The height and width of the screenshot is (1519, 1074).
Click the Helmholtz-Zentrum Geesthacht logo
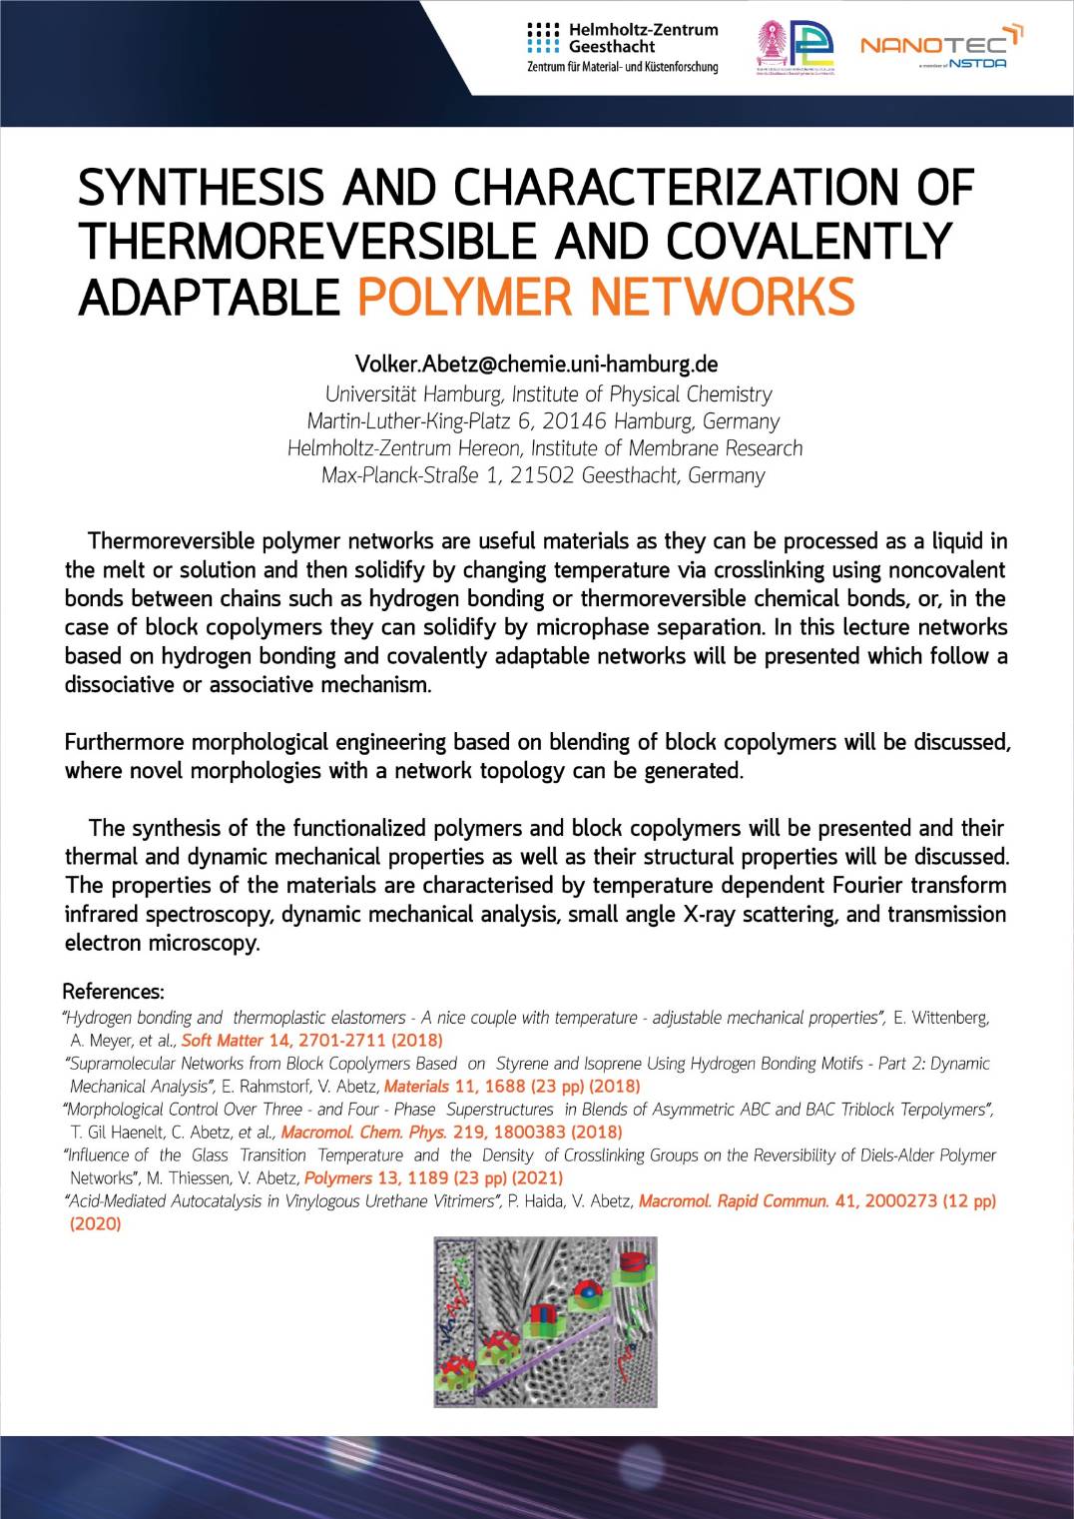(622, 47)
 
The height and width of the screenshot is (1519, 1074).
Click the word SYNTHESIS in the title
(201, 189)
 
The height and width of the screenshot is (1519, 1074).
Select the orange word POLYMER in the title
(466, 297)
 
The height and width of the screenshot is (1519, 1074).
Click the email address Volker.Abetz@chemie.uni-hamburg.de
(537, 364)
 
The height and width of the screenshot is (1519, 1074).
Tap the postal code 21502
(542, 475)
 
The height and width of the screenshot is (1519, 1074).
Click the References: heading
(113, 992)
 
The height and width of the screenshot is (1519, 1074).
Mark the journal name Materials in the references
(416, 1086)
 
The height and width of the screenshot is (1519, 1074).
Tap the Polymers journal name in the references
(337, 1177)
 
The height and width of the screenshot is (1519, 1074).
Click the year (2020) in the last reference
(96, 1223)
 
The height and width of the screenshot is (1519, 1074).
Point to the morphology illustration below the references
(545, 1321)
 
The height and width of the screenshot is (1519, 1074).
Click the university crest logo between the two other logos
(796, 47)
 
